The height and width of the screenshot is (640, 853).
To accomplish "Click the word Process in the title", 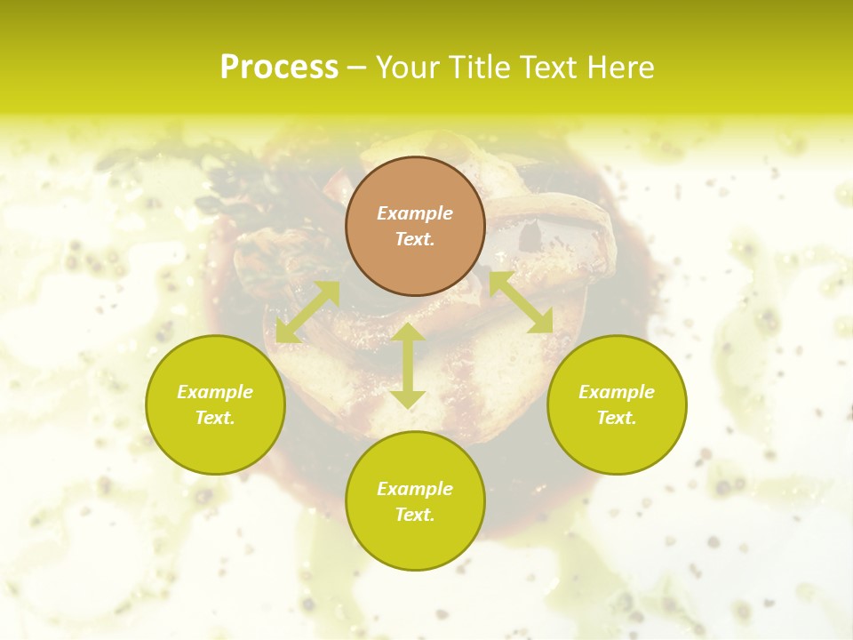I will tap(279, 68).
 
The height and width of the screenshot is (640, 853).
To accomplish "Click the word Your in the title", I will tap(408, 68).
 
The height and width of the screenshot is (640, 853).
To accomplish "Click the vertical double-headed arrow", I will tap(408, 365).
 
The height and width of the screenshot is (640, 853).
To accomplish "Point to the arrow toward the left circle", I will tap(307, 311).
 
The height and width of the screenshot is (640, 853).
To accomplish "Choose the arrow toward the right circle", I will tap(521, 302).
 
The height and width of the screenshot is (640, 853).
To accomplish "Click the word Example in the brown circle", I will tap(415, 213).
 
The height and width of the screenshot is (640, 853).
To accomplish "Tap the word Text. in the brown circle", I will tap(415, 239).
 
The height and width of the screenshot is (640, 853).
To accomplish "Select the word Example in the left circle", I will tap(215, 392).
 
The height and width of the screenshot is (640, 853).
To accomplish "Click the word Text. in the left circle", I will tap(215, 418).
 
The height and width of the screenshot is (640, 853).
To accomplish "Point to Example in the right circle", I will tap(617, 392).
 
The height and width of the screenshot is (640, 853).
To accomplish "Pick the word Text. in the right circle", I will tap(617, 418).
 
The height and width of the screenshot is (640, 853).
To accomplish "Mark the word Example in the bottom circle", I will tap(415, 489).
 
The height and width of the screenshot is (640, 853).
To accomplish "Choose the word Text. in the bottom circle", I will tap(415, 515).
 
